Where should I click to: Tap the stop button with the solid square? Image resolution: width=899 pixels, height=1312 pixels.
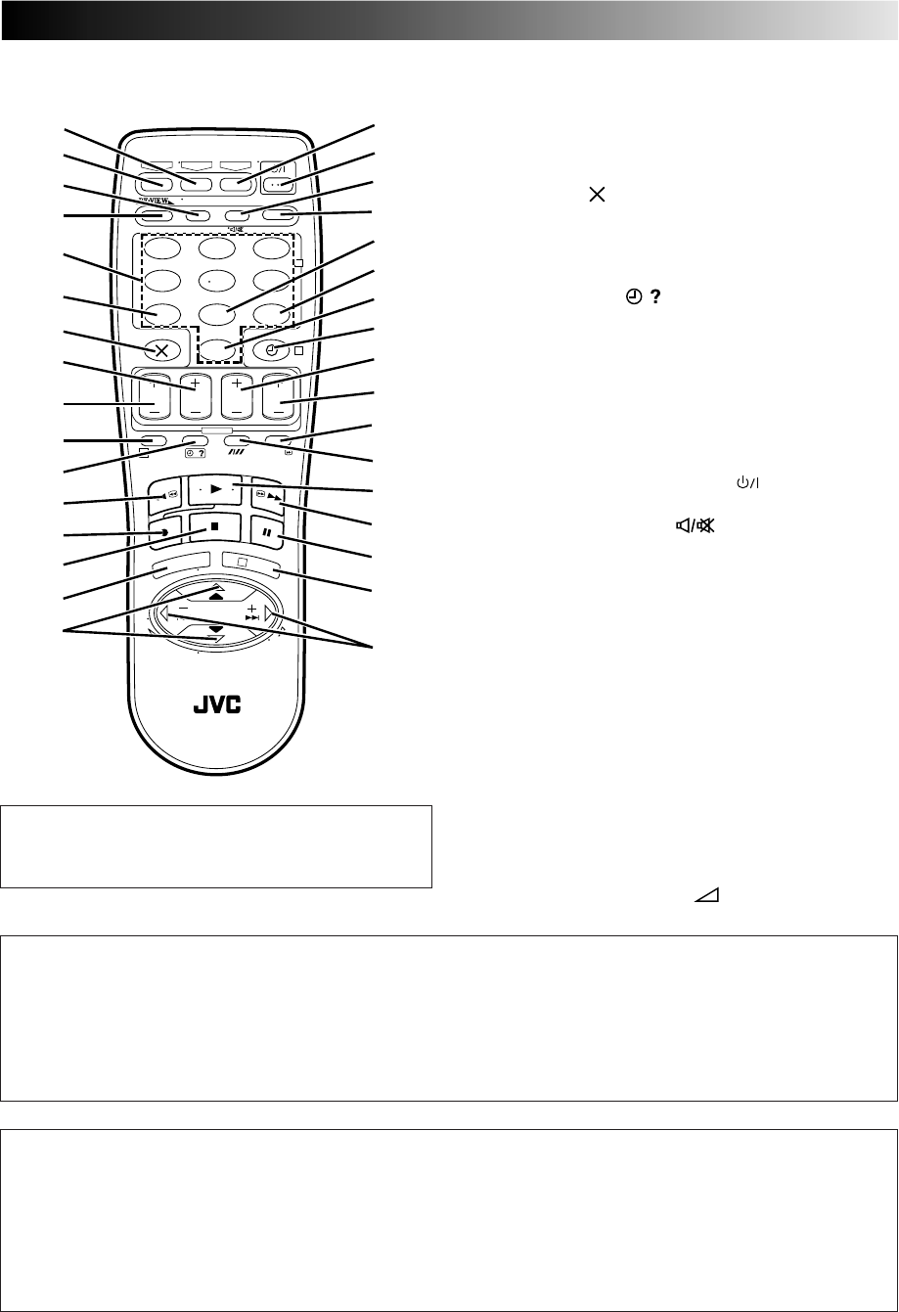click(212, 530)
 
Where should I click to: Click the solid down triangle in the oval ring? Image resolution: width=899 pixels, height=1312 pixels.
click(215, 627)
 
